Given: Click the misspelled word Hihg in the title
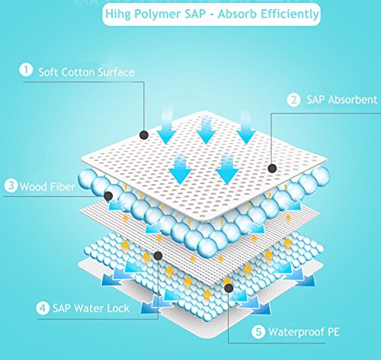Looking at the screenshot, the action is [x=118, y=14].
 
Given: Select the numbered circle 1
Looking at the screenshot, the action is [x=26, y=69].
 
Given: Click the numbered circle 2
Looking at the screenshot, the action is [x=293, y=100].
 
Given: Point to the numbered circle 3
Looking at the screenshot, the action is [x=11, y=185].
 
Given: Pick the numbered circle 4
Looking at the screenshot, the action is [x=43, y=308].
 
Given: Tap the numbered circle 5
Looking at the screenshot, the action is [x=258, y=332].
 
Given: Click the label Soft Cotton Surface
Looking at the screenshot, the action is [x=86, y=72].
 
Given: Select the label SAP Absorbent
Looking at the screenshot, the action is [x=341, y=100].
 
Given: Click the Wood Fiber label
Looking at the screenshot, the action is [x=47, y=187].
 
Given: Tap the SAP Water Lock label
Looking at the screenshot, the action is [x=91, y=308].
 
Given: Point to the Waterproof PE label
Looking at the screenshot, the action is [x=304, y=332].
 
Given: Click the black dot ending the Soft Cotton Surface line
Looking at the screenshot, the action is [x=144, y=135].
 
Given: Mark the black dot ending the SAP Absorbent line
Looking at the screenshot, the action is [x=272, y=168].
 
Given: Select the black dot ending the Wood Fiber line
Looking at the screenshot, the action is [x=108, y=196].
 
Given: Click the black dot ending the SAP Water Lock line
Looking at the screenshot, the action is [x=158, y=256].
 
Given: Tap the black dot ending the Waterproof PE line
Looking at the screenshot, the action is [x=229, y=288].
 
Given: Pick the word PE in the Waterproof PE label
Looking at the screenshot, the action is [x=333, y=332].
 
